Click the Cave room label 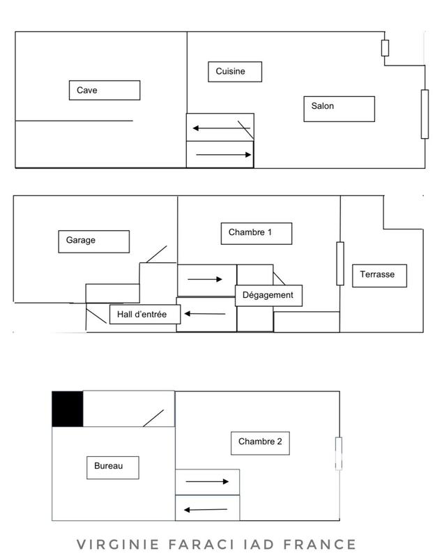[105, 90]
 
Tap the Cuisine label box [236, 71]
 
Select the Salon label [339, 108]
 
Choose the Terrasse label [378, 275]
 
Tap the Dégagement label [268, 295]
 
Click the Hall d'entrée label [145, 315]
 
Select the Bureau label [113, 467]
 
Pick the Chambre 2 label [259, 442]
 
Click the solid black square [68, 409]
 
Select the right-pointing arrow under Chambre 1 [205, 279]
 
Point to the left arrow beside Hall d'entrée [205, 314]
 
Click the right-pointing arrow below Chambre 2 [207, 481]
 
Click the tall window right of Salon [425, 114]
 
